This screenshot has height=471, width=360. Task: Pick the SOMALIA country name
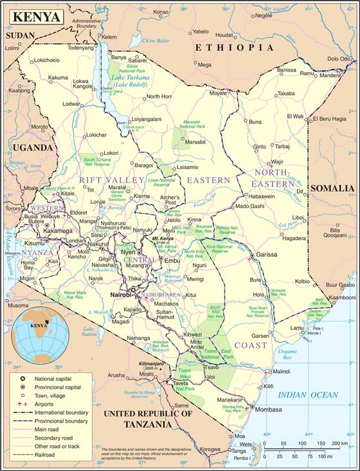[332, 188]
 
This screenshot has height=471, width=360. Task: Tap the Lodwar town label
[71, 104]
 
